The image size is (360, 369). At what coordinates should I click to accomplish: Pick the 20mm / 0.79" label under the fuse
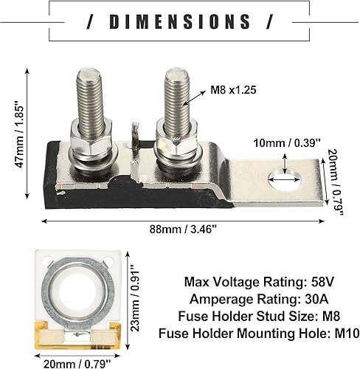point(77,362)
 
